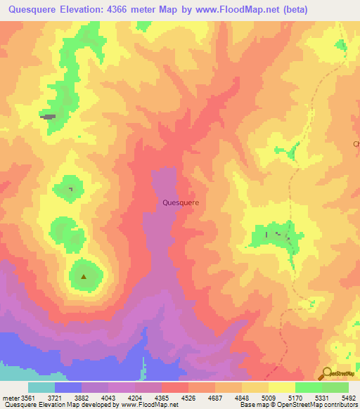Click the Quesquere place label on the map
(180, 202)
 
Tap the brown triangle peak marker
(84, 276)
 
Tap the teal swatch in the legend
(41, 387)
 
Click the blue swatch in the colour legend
(67, 387)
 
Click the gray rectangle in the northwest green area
(49, 117)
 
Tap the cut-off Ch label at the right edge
(356, 144)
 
